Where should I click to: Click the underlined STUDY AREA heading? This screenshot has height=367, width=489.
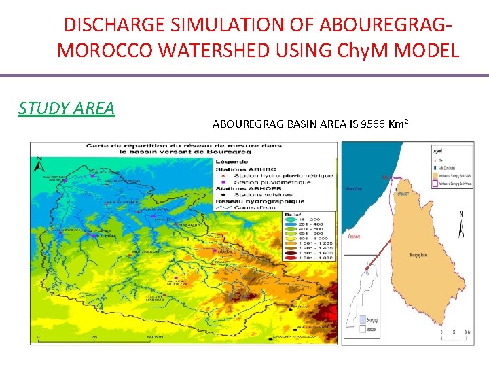click(67, 108)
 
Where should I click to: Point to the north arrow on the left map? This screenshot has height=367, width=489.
click(39, 164)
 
